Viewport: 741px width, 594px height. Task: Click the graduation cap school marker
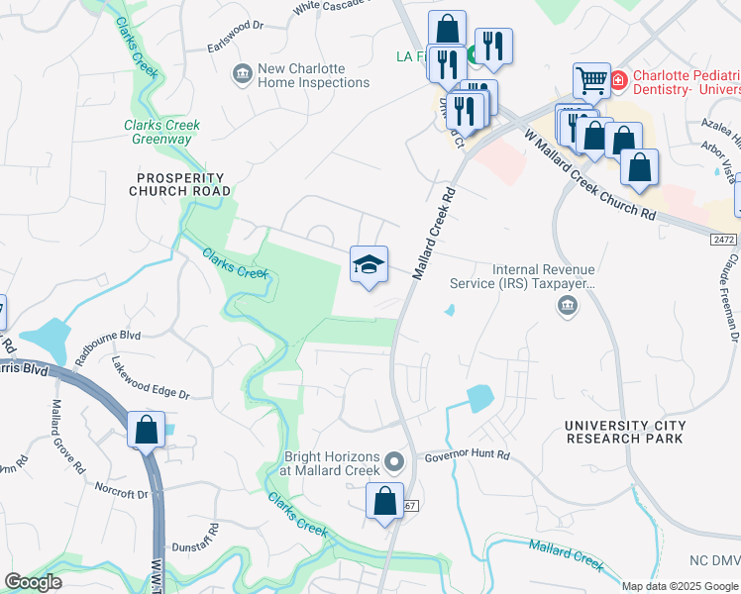coord(369,264)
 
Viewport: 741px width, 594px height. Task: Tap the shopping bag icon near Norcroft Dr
coord(146,431)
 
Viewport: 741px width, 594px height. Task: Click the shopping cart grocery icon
coord(591,80)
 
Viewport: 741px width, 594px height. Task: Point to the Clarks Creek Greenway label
coord(161,132)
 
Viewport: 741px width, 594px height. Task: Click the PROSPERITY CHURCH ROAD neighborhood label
coord(183,183)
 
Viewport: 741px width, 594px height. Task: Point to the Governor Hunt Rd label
coord(467,455)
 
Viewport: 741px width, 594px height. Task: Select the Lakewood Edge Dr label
coord(150,378)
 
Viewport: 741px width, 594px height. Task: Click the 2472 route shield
coord(725,240)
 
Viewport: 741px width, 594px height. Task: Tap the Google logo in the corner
coord(33,582)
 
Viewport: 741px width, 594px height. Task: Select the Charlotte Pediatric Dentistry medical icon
coord(618,78)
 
